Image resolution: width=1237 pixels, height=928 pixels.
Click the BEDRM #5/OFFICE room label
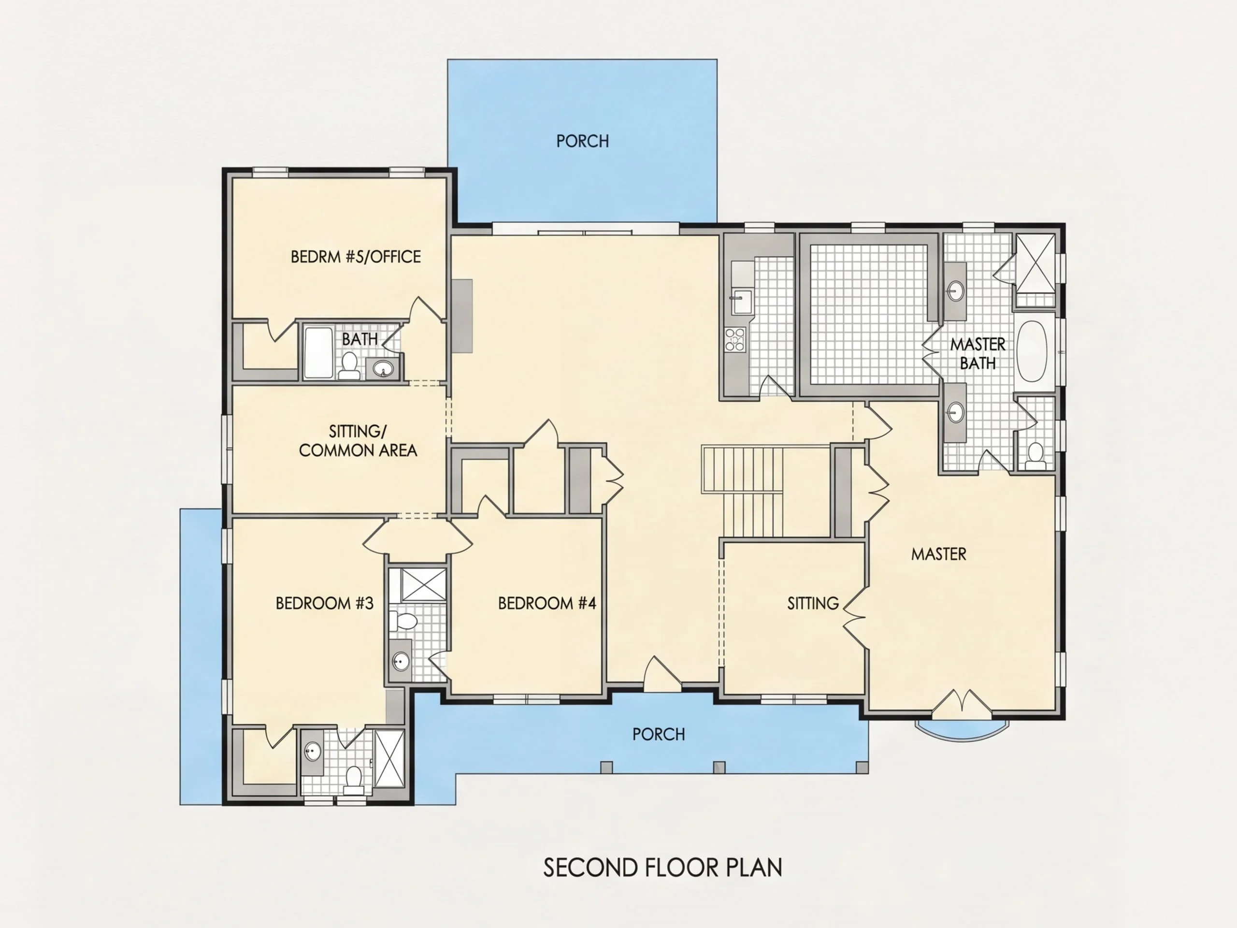356,257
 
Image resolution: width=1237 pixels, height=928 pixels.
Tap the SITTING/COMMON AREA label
358,441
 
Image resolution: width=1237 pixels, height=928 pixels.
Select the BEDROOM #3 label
324,603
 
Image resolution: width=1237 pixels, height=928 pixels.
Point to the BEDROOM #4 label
547,603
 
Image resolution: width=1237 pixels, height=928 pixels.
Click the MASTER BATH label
978,353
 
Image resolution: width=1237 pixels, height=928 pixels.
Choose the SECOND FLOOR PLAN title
662,868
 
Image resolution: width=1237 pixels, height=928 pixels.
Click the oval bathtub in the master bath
1032,351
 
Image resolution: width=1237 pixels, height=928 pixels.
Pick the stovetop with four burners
735,339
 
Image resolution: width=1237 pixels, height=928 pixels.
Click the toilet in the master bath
1036,456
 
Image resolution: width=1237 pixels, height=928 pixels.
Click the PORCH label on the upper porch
582,141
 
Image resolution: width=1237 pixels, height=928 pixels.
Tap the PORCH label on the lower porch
658,734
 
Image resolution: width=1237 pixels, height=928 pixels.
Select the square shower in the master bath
1035,263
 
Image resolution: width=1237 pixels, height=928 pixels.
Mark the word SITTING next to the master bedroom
813,603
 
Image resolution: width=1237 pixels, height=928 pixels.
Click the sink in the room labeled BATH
383,369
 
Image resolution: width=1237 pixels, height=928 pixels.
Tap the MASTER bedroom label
938,554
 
